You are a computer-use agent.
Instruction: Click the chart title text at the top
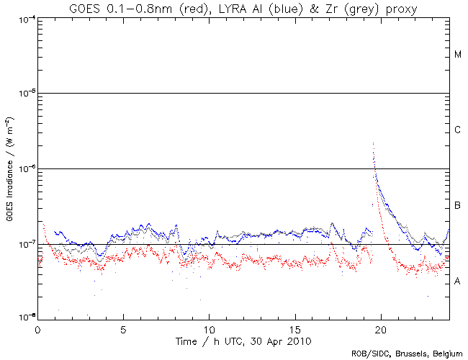pos(243,8)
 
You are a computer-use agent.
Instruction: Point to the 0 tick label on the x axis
pos(38,328)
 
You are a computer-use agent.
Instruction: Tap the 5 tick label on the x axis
pos(124,328)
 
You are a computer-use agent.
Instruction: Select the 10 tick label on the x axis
pos(209,328)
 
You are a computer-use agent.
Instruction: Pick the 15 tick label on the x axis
pos(294,328)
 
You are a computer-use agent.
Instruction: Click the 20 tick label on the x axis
pos(380,328)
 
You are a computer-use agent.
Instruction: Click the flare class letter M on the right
pos(457,55)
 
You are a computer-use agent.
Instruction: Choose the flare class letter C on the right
pos(457,130)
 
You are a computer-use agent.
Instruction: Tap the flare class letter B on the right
pos(457,206)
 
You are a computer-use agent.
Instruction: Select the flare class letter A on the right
pos(457,282)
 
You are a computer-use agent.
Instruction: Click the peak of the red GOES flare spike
pos(373,143)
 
